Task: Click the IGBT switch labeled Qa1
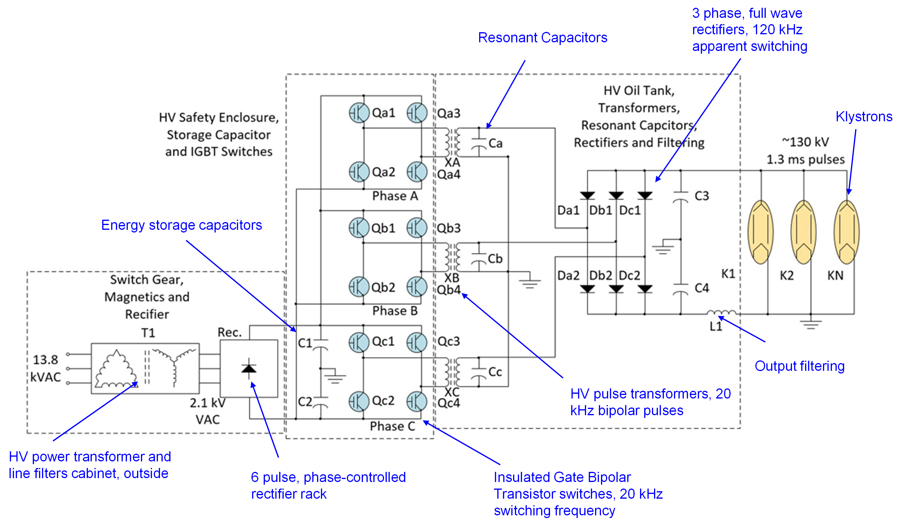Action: [359, 113]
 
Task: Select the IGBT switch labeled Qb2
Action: [359, 287]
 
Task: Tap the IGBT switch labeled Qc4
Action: [417, 402]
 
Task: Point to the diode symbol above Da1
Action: [587, 196]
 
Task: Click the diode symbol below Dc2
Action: [645, 289]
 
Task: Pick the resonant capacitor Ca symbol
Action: [479, 142]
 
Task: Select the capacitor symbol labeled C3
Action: [680, 197]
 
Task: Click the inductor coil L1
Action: [721, 312]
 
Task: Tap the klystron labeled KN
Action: [847, 232]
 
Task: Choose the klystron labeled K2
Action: [803, 232]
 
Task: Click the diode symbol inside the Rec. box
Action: [249, 368]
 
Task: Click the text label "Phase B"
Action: [395, 311]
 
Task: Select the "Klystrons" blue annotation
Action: [864, 117]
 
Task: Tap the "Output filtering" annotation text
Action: [799, 366]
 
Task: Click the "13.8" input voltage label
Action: [45, 359]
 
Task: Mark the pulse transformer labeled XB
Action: [452, 257]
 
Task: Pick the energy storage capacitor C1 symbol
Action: [320, 344]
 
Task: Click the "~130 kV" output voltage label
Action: [805, 142]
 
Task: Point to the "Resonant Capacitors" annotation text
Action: [542, 38]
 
